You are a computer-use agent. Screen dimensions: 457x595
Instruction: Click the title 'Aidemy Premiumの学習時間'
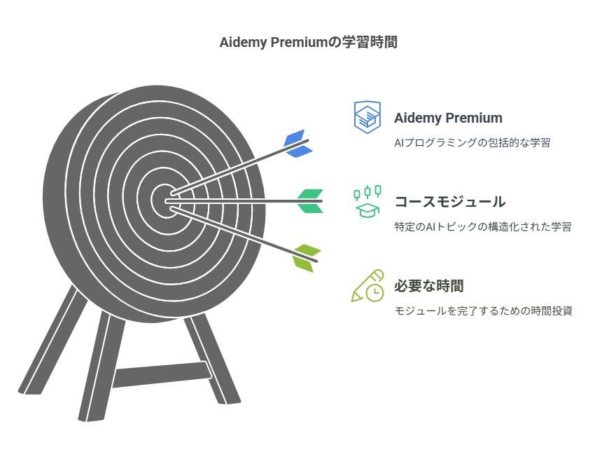tap(309, 43)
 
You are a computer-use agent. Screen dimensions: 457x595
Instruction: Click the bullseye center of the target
tap(166, 198)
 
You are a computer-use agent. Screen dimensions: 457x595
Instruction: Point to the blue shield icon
tap(367, 117)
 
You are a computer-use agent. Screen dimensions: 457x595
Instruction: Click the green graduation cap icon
tap(367, 202)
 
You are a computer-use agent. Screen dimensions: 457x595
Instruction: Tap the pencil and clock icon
tap(367, 286)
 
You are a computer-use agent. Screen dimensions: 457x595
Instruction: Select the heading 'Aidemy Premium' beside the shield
tap(448, 118)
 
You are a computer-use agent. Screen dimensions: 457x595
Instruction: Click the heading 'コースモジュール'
tap(449, 202)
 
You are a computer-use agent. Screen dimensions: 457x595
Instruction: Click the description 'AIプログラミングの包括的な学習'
tap(472, 142)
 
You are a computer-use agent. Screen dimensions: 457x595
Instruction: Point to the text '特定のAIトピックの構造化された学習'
tap(483, 226)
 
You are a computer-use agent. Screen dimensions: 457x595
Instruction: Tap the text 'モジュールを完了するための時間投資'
tap(483, 311)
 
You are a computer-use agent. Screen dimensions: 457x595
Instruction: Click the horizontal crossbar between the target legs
tap(161, 373)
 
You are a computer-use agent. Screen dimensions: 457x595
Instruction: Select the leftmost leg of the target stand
tap(52, 343)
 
